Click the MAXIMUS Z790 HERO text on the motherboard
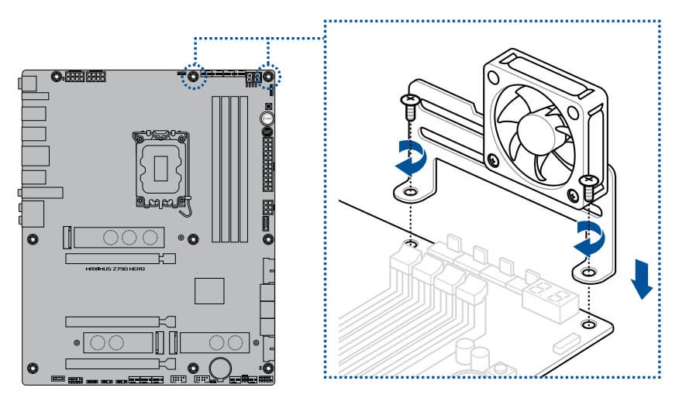pos(115,268)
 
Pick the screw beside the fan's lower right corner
pos(589,186)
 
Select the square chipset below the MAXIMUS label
pos(209,291)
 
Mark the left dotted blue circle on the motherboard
pos(191,77)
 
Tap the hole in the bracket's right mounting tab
pos(589,272)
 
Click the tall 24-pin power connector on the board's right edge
pos(268,166)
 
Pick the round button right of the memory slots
pos(267,119)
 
